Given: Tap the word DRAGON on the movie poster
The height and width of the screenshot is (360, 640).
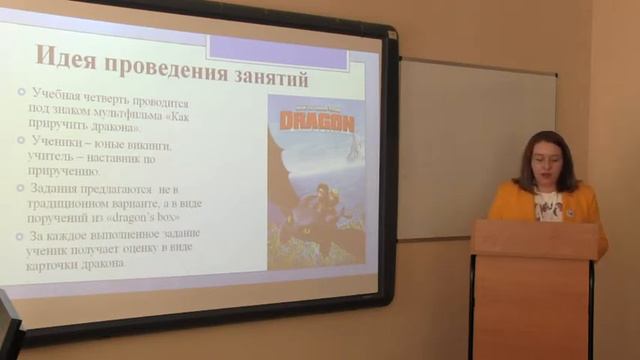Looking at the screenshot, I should click(316, 123).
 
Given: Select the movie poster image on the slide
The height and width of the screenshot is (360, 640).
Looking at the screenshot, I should click(316, 181).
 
